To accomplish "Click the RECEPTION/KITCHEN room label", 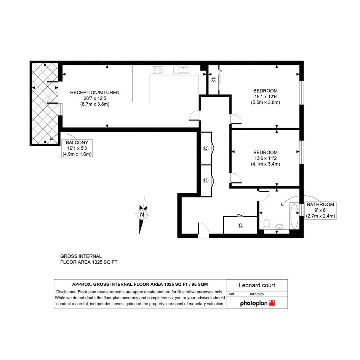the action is coord(94,93).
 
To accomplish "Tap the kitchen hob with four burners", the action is coord(157,70).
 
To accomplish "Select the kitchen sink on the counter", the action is coord(181,70).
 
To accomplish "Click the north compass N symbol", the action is coord(142,214).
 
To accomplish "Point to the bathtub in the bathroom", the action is coord(294,216).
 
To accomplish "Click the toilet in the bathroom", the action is coord(266,224).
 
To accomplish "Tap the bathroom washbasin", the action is coord(279,226).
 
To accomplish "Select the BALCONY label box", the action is coord(77,148).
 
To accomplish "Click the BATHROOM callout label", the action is coord(320,210).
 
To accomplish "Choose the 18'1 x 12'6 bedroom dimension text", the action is coord(266,97).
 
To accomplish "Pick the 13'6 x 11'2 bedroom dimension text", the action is coord(266,158).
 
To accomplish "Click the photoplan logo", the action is coord(258,303).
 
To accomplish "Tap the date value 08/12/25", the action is coord(257,294).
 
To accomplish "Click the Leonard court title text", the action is coord(257,285).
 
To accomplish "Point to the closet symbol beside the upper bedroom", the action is coord(213,80).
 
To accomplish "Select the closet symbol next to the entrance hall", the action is coord(240,226).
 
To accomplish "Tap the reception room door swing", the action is coord(194,115).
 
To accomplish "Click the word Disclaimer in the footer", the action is coord(66,292).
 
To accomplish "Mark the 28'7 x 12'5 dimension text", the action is coord(94,99).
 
